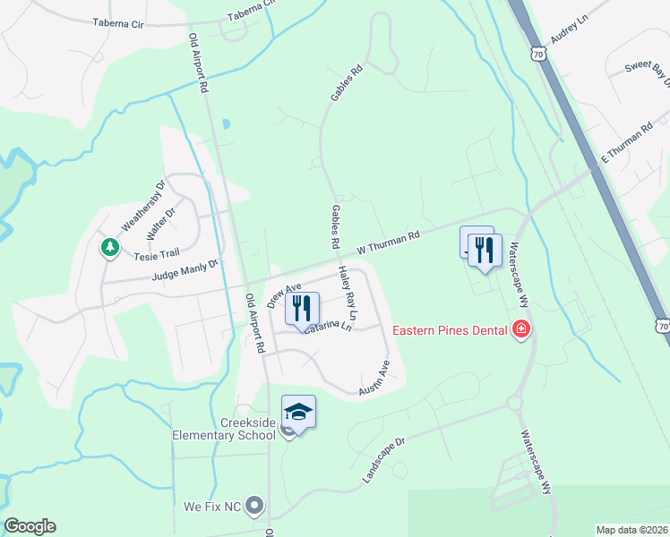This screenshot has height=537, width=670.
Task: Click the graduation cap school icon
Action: point(298,412)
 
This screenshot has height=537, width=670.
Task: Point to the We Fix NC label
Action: point(213,506)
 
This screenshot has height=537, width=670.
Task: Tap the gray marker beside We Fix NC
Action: point(255,506)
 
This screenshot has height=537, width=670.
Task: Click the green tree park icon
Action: point(110,246)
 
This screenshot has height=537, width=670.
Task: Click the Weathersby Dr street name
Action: point(143,205)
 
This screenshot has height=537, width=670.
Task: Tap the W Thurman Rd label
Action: point(388,243)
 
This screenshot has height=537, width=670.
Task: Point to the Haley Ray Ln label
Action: point(347,293)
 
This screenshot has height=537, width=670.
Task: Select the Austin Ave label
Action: point(374,379)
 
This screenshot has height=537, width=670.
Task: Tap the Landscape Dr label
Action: point(384,462)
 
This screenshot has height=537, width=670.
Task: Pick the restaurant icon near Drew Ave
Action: point(302,308)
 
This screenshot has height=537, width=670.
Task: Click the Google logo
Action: point(30,526)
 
